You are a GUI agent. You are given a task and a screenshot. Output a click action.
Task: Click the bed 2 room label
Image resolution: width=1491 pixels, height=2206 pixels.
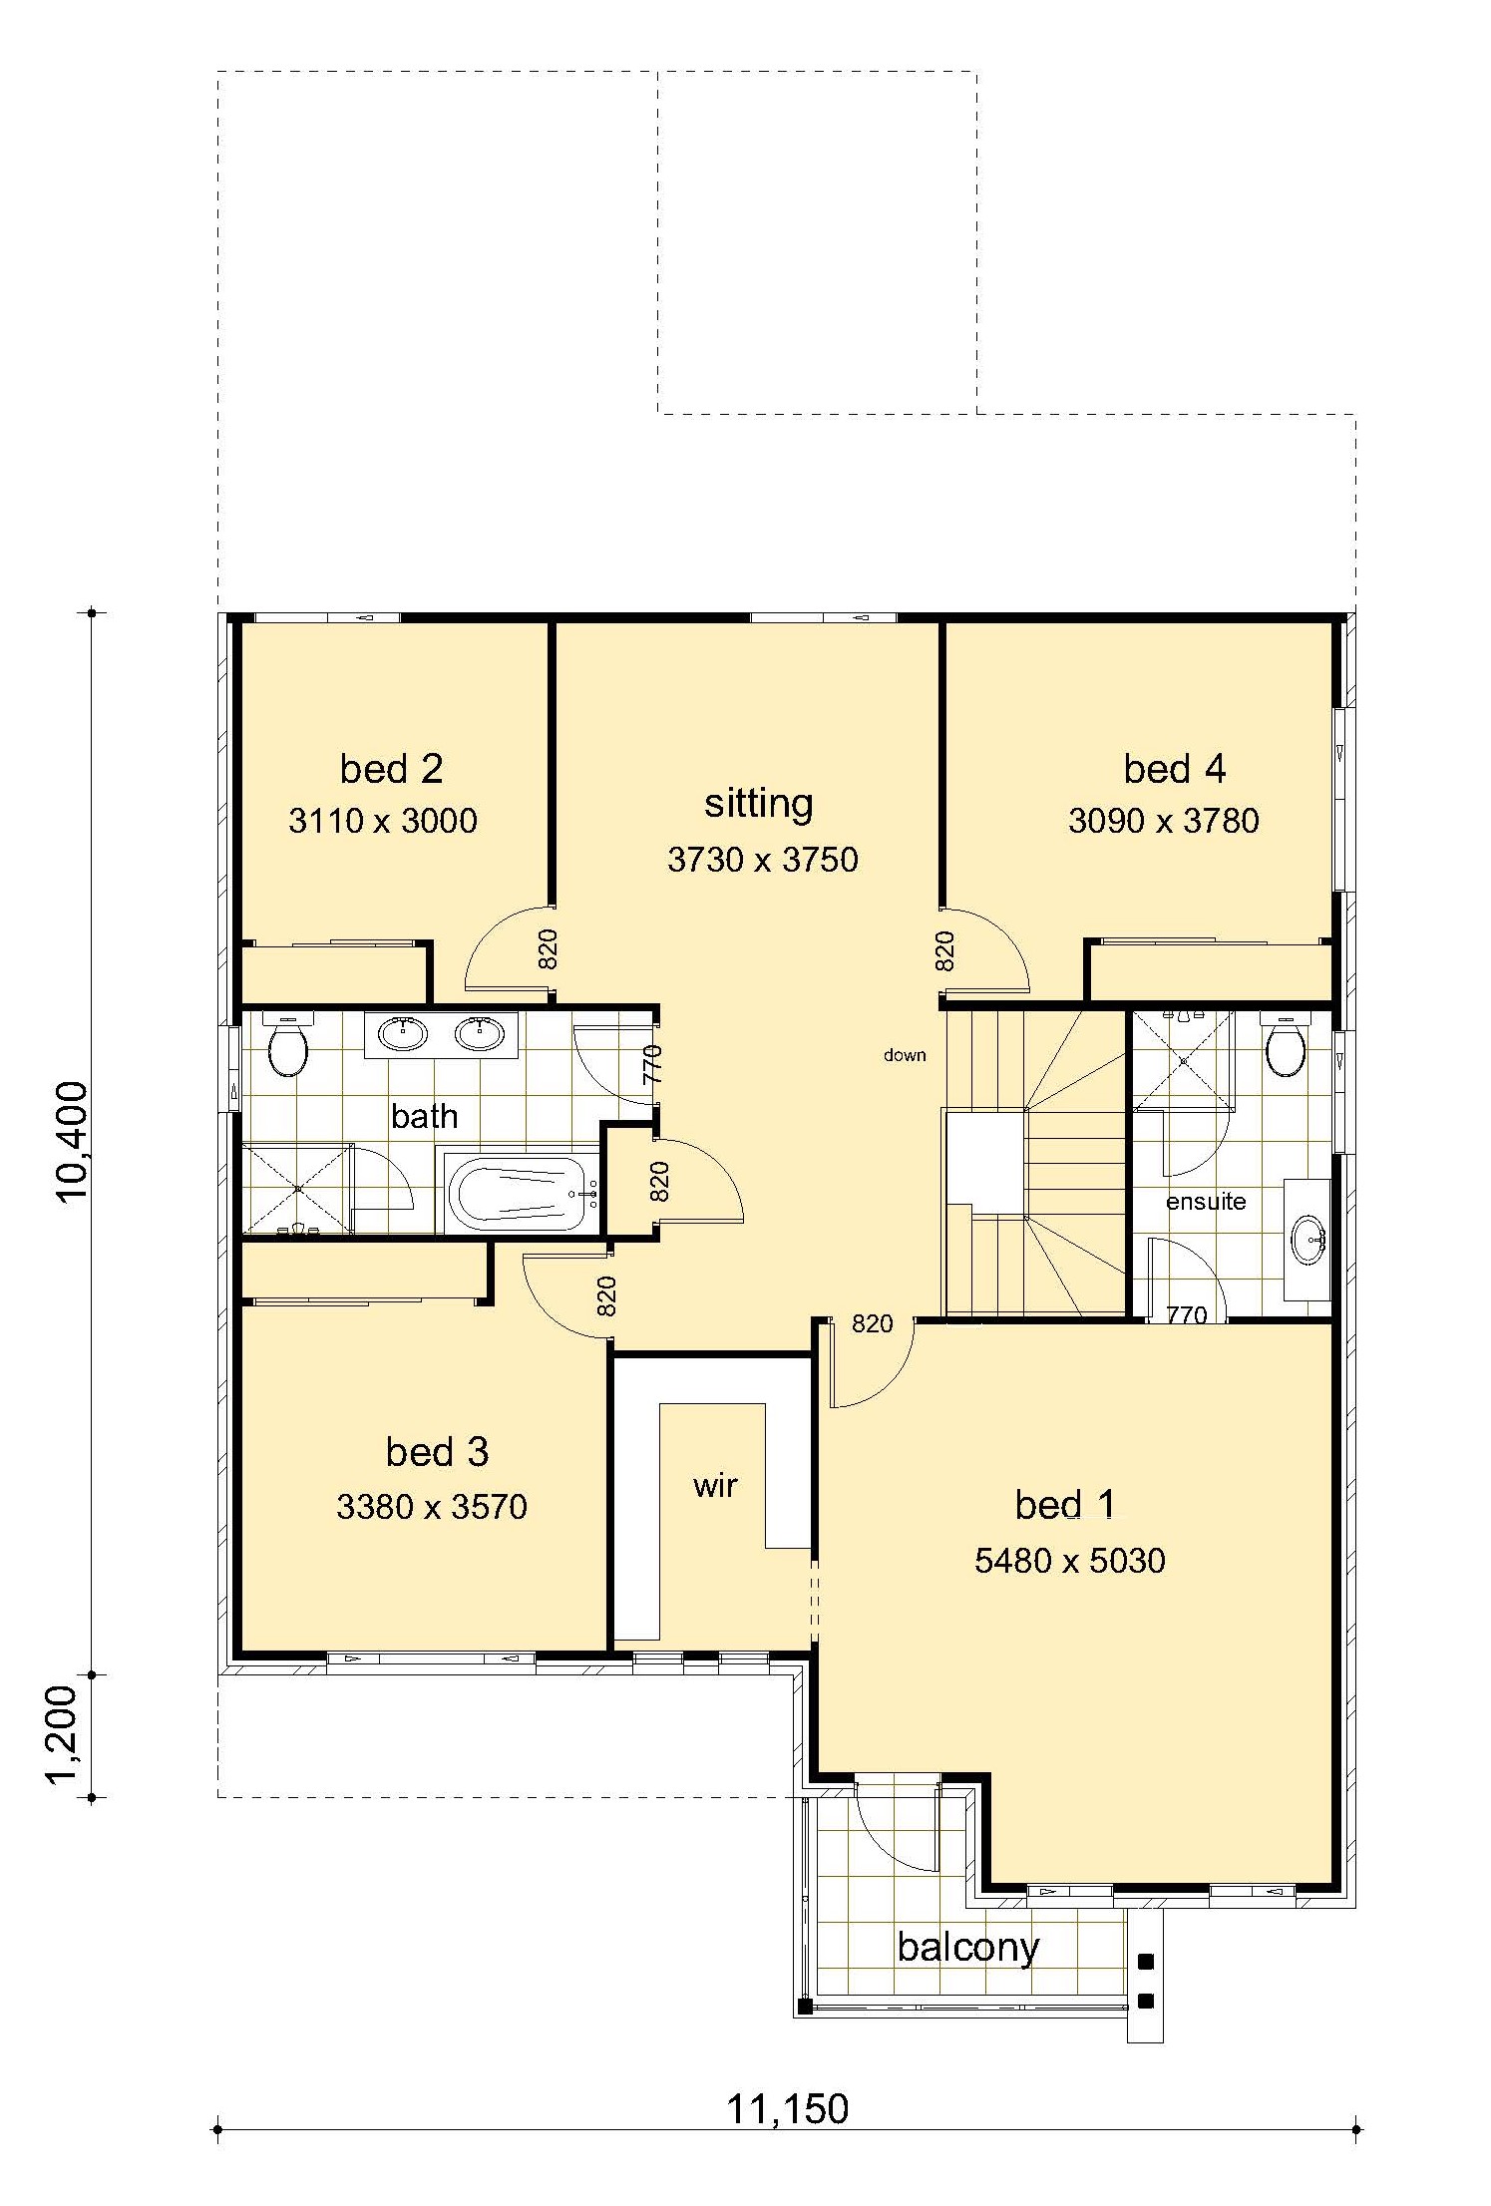click(x=391, y=769)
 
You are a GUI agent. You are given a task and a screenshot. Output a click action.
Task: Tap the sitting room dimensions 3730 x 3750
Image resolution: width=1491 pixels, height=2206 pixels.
click(x=762, y=859)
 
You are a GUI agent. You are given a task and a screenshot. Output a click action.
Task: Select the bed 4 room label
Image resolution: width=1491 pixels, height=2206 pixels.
click(x=1174, y=769)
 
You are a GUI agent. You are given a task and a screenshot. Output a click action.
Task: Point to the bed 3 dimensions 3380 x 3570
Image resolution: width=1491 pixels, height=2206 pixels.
click(x=431, y=1506)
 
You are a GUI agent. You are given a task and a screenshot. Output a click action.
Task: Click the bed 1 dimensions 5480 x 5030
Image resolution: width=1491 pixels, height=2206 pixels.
click(x=1069, y=1560)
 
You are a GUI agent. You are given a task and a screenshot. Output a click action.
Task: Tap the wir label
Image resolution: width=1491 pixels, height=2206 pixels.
click(x=715, y=1486)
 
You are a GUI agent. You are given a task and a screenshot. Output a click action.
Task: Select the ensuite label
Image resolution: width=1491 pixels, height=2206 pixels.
click(x=1206, y=1202)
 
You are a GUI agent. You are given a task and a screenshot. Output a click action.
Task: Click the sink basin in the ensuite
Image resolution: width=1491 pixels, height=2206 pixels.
click(x=1307, y=1240)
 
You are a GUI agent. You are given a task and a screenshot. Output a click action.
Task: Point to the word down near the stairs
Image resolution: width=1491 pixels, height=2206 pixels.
click(x=905, y=1055)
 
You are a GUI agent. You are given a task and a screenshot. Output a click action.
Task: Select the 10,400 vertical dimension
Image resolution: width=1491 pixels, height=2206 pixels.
click(x=74, y=1144)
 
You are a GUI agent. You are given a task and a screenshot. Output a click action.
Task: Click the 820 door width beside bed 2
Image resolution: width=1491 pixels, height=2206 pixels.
click(x=548, y=949)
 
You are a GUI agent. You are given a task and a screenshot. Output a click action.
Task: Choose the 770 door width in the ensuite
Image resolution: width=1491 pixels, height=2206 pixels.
click(x=1187, y=1316)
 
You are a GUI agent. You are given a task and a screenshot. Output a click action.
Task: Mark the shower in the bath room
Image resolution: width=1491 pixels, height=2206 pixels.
click(x=298, y=1189)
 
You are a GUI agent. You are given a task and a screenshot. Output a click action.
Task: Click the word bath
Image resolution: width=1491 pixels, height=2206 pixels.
click(x=425, y=1116)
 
